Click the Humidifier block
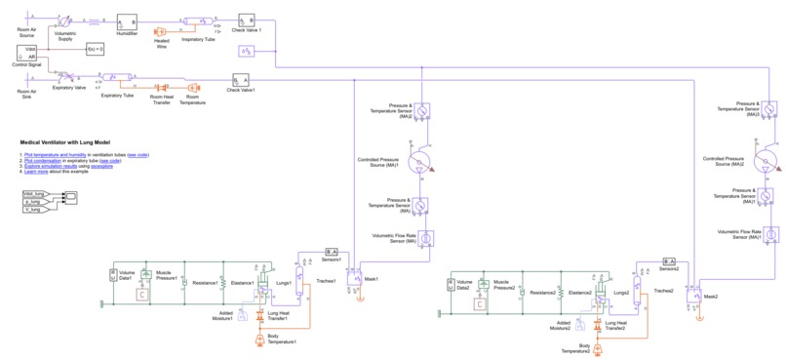127,21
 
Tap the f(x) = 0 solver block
95,48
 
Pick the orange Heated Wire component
161,32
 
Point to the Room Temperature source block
193,88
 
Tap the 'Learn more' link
35,172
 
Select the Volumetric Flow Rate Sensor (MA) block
425,237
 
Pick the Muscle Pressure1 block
145,276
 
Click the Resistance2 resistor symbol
523,292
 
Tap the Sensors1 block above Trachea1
331,252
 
